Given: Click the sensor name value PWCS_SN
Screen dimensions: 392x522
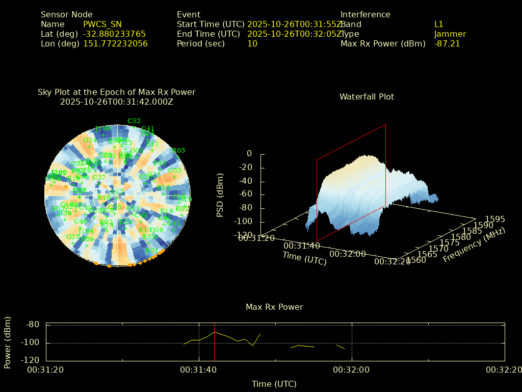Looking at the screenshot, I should (x=102, y=24).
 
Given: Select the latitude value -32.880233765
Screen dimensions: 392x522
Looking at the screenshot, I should (x=114, y=34).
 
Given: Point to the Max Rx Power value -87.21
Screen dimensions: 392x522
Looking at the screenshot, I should (x=447, y=43).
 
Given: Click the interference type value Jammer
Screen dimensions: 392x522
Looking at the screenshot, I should (x=450, y=34).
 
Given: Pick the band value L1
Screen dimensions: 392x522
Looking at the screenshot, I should (x=439, y=24).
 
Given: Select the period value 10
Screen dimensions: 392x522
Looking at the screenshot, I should (x=252, y=43).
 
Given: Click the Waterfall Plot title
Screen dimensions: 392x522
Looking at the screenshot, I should (x=367, y=96).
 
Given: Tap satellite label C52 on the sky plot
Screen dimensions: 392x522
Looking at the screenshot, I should (x=134, y=121).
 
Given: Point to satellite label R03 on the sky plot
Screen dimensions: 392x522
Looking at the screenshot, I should (x=179, y=151).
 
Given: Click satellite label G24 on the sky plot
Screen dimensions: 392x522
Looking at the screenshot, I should (x=88, y=140).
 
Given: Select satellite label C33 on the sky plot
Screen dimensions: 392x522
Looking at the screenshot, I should (x=175, y=170).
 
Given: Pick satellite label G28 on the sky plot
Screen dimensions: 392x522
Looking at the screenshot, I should (x=73, y=236).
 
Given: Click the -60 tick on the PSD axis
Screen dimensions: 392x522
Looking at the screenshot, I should (x=245, y=194).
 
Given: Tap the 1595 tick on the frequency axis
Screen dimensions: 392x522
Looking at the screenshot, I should (x=495, y=219).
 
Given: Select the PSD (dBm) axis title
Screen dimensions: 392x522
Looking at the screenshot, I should (x=220, y=194).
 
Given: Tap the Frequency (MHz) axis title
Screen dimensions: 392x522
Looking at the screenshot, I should (x=474, y=245).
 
